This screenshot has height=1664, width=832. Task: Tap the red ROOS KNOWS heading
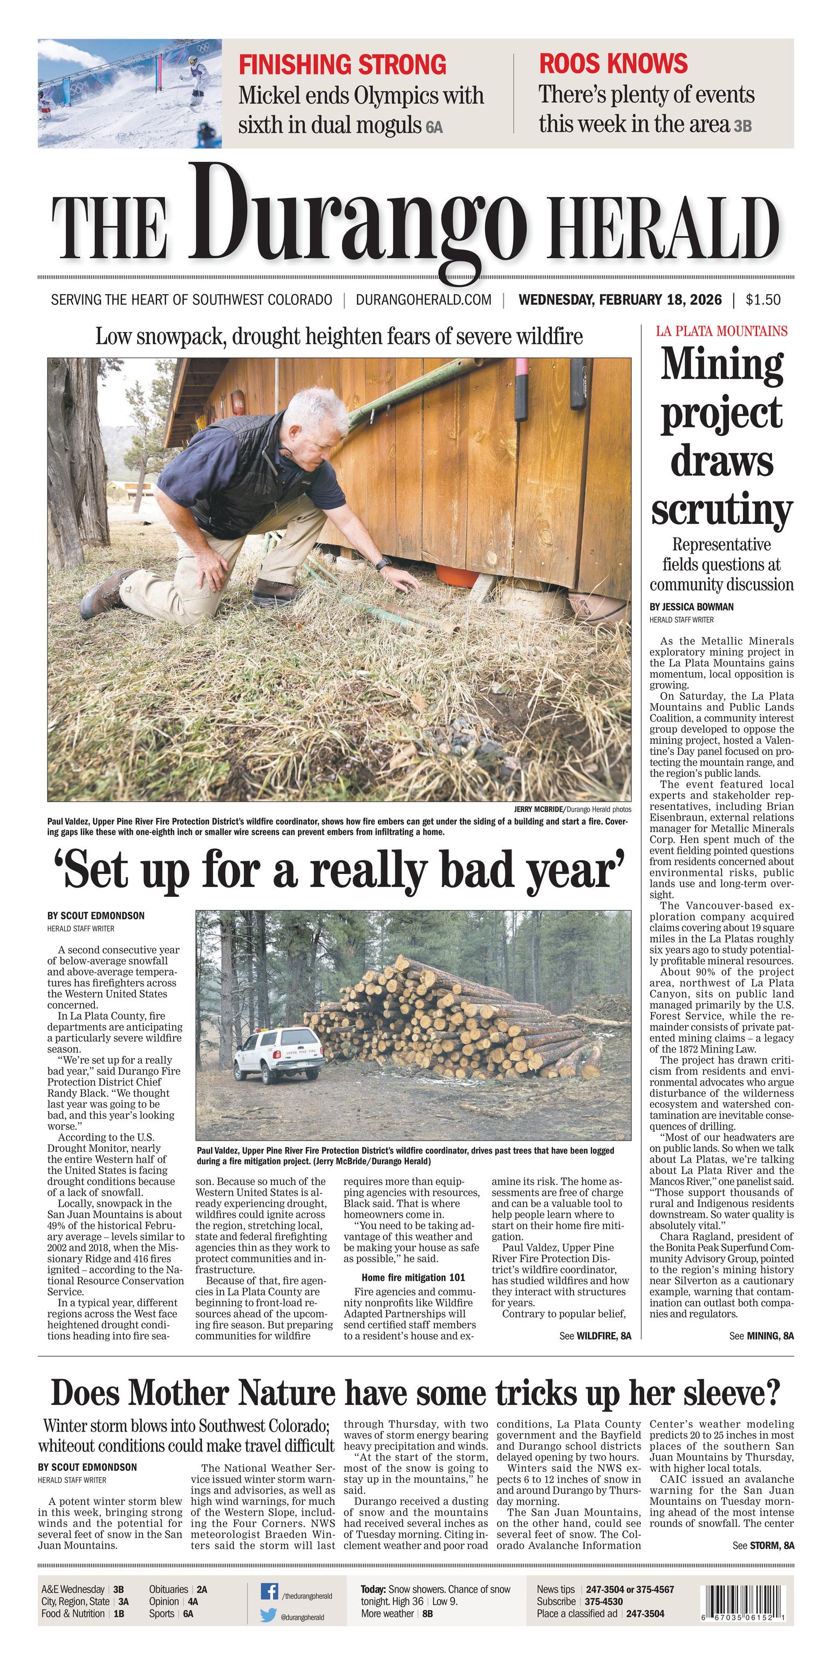613,63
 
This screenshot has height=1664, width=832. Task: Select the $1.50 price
762,300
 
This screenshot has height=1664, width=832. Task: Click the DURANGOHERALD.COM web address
423,300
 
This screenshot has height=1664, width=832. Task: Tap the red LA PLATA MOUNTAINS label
721,331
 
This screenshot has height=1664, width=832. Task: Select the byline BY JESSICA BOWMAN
691,607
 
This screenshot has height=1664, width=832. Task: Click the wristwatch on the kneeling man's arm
383,564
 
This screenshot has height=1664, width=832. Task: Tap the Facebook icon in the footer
269,1592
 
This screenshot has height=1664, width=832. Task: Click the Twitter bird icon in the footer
269,1615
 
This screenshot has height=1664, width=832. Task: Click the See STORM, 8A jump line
763,1545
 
